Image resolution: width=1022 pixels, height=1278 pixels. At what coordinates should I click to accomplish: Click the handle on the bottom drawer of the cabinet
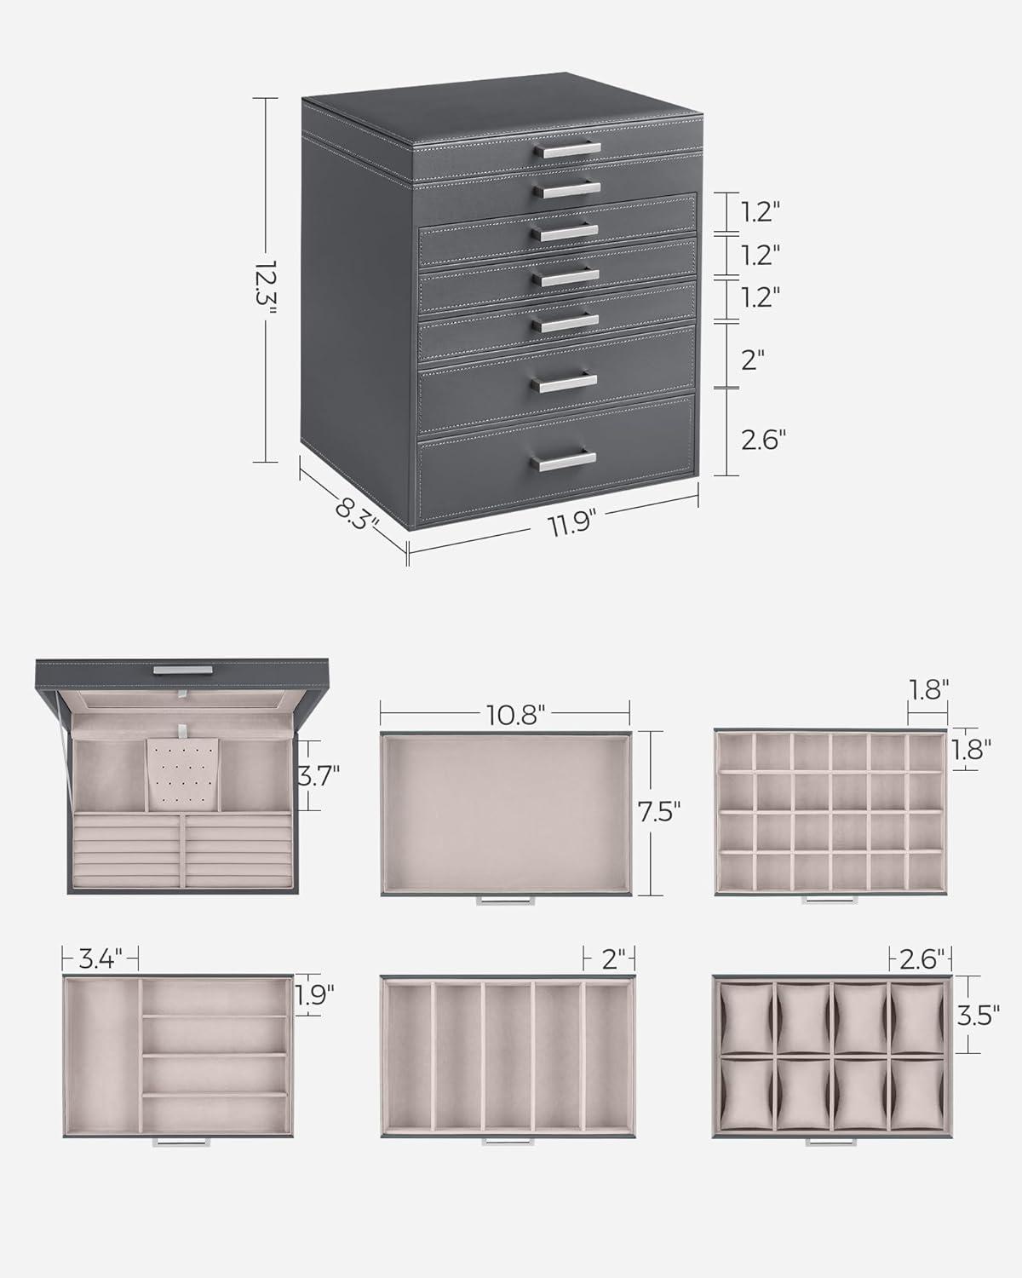564,460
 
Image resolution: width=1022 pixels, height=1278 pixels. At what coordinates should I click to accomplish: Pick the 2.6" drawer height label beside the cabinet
763,440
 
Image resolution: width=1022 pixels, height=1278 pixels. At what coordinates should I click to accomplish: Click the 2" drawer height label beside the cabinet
752,360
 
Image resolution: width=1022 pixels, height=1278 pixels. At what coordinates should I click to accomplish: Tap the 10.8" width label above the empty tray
515,715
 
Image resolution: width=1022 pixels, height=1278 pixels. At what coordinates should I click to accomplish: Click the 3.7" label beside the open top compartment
319,775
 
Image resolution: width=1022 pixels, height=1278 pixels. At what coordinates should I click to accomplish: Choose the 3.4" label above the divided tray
100,959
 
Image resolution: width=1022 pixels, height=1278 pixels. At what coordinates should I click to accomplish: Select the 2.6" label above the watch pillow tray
922,959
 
